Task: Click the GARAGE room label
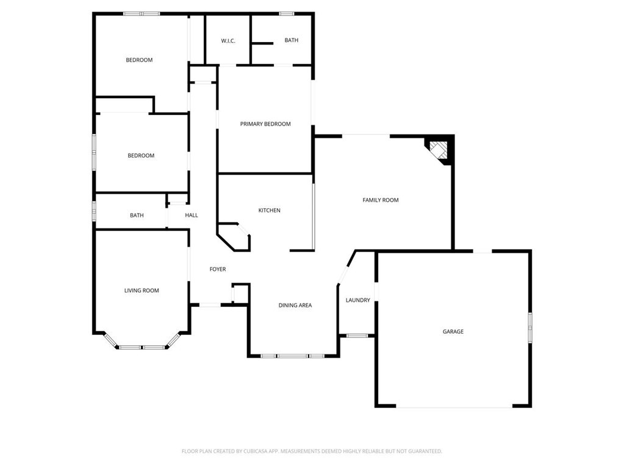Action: pos(453,332)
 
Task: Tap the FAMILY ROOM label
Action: pos(381,200)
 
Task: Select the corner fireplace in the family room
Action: pos(439,151)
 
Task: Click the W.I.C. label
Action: pos(228,41)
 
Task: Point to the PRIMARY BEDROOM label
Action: pos(265,124)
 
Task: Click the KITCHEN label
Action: pos(270,211)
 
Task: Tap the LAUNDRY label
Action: pos(358,300)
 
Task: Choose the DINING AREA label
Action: pos(295,306)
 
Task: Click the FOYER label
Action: pos(218,269)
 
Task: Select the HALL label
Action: pos(192,215)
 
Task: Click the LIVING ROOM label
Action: pos(142,290)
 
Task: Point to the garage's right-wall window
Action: pos(530,327)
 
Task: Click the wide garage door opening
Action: pos(454,407)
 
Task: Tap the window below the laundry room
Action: pos(357,336)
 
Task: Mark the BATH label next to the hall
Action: pos(137,215)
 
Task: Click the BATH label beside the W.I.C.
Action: pos(292,40)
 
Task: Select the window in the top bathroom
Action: pos(287,14)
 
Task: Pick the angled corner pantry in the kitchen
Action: pos(234,237)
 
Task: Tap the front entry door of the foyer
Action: pos(210,305)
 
